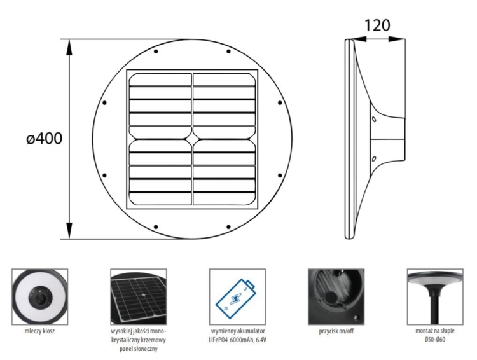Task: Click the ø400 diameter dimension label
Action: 45,139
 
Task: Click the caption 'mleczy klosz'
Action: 39,331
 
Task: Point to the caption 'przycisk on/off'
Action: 336,331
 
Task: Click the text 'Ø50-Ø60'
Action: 435,340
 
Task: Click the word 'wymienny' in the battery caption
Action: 222,331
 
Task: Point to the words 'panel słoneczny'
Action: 138,349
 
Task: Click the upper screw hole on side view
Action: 374,118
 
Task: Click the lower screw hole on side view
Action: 374,158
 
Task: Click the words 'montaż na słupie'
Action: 435,331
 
